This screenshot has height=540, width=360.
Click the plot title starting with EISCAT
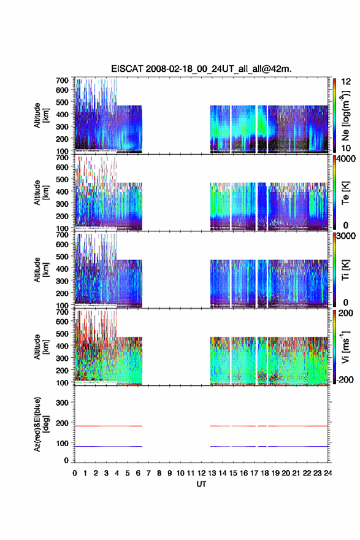201,69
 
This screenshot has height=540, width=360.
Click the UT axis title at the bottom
201,484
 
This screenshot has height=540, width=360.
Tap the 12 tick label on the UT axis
201,473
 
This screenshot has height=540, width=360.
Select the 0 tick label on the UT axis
75,473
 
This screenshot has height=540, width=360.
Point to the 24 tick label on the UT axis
327,473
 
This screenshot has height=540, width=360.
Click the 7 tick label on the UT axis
148,473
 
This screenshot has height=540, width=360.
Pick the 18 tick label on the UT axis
265,473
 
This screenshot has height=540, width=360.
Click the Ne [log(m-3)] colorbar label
345,115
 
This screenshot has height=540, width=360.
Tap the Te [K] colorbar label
345,193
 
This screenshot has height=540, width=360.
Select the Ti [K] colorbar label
345,270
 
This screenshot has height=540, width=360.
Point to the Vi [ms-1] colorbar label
345,347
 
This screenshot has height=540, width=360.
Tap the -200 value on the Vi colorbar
345,379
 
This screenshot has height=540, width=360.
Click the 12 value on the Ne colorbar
346,81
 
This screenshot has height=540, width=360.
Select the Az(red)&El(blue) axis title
41,424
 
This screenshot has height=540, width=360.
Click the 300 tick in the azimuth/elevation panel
62,403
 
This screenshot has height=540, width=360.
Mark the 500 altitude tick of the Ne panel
62,102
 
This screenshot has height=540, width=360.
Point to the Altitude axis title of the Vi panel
41,347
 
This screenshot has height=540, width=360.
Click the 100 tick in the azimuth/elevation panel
62,444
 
